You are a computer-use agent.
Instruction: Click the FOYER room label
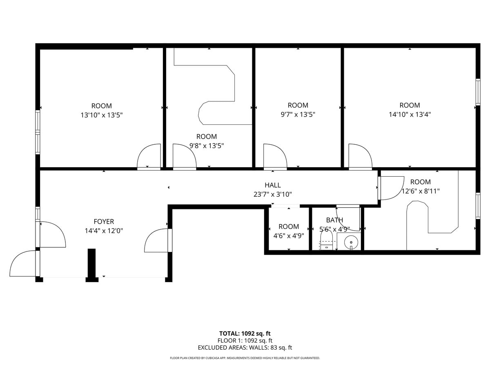click(104, 222)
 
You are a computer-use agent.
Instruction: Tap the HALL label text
click(272, 185)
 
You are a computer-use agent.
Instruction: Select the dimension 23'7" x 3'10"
click(272, 195)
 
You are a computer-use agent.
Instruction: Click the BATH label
click(334, 220)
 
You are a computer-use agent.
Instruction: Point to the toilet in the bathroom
click(326, 241)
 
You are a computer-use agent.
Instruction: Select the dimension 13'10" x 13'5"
click(101, 115)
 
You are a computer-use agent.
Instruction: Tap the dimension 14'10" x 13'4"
click(410, 114)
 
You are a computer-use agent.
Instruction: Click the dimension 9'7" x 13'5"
click(298, 114)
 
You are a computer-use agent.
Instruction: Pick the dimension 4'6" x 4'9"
click(289, 236)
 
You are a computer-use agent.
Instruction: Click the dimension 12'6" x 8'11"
click(420, 191)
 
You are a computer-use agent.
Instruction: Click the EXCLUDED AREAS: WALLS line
click(245, 348)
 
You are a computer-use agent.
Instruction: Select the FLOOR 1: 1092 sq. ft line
click(245, 341)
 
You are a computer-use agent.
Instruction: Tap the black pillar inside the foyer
click(92, 264)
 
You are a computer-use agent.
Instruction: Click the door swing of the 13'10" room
click(149, 156)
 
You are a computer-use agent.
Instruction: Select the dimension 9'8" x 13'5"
click(206, 146)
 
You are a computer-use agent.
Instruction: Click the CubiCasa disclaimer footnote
click(245, 358)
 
